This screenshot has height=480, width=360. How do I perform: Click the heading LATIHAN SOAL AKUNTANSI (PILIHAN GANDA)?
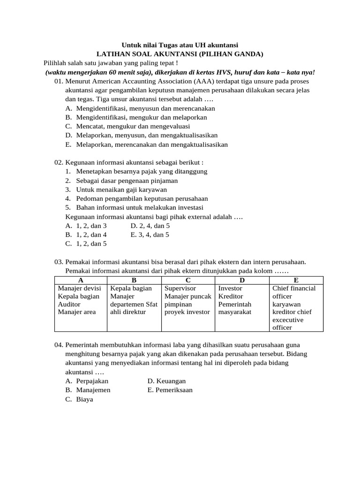(x=180, y=54)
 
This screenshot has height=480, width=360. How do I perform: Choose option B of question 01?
(x=136, y=117)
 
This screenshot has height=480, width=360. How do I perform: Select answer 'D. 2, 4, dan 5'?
(x=150, y=225)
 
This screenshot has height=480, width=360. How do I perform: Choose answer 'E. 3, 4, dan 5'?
(x=150, y=234)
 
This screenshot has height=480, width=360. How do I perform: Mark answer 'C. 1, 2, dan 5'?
(x=86, y=243)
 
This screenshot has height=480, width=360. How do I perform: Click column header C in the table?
(x=188, y=280)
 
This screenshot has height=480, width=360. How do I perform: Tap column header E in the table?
(x=296, y=280)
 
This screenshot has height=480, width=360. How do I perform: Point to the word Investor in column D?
(x=230, y=288)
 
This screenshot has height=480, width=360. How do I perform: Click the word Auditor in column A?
(x=69, y=304)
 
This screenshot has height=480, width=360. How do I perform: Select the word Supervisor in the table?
(x=180, y=288)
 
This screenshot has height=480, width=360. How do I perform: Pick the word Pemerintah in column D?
(x=235, y=304)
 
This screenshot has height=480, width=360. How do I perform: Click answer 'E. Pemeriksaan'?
(x=170, y=390)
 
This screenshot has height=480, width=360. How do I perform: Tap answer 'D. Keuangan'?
(x=166, y=381)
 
